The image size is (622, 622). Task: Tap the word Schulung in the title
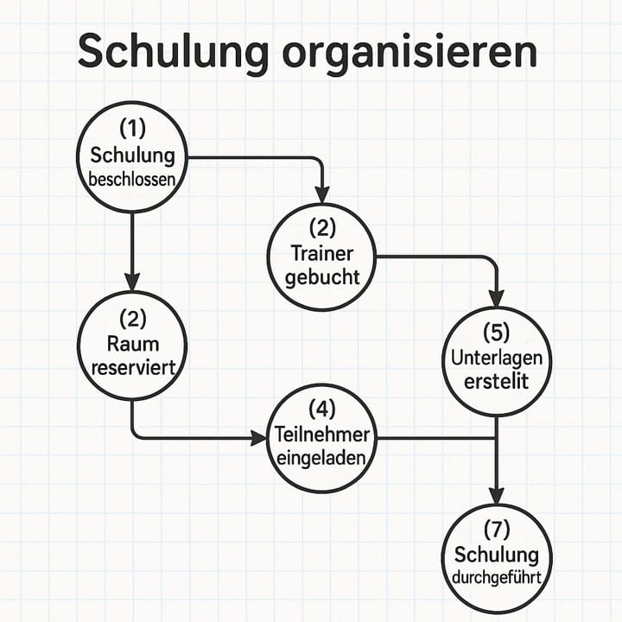point(172,53)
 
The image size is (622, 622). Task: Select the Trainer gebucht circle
point(322,257)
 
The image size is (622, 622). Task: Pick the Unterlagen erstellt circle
point(496,360)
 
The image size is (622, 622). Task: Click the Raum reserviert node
point(132,345)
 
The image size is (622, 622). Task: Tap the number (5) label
point(496,333)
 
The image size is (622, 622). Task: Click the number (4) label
point(322,409)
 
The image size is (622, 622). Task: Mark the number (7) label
point(496,528)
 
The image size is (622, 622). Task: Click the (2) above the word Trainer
point(322,228)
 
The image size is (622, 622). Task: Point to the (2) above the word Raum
point(132,317)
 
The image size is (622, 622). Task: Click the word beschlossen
point(132,181)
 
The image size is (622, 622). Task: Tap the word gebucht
point(322,278)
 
